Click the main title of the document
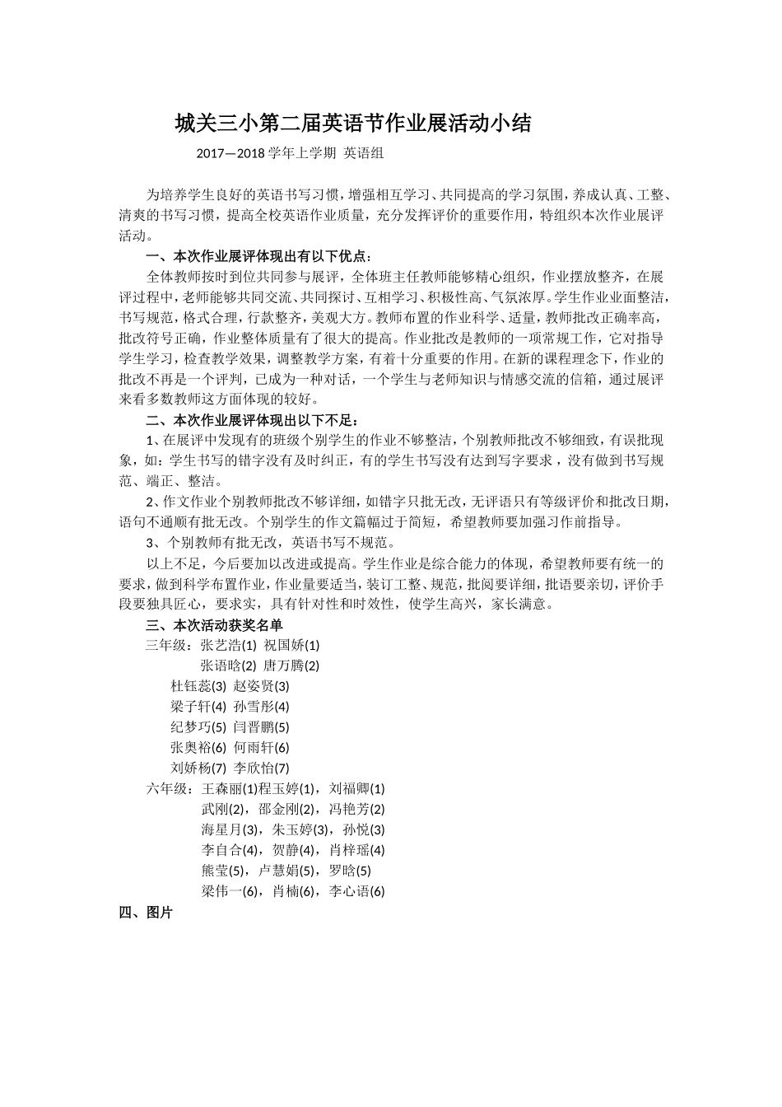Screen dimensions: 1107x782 tap(353, 124)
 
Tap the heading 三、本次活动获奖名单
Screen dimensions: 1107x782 tap(214, 624)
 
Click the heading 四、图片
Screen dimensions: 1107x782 tap(146, 912)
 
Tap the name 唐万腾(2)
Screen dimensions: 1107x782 tap(291, 666)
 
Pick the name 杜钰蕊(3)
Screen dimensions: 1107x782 tap(198, 686)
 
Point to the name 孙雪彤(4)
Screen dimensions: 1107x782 tap(262, 707)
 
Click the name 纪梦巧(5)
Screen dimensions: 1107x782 tap(198, 727)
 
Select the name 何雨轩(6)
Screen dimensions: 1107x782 tap(262, 748)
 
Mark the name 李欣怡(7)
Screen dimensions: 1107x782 tap(262, 768)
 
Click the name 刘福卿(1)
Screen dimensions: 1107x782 tap(357, 788)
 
